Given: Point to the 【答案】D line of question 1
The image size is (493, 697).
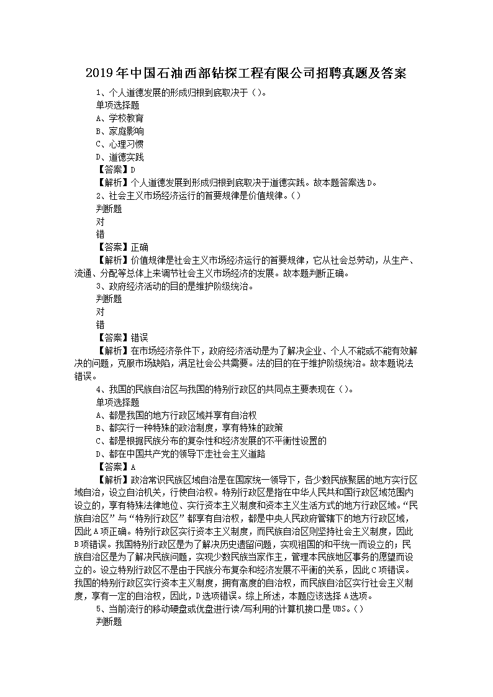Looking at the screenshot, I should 115,170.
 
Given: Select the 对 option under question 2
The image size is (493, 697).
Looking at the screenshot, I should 100,222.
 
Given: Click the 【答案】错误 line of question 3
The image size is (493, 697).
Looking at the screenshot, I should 122,338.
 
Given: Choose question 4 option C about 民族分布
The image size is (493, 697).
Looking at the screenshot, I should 211,441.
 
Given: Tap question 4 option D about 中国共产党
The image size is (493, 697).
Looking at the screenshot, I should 181,454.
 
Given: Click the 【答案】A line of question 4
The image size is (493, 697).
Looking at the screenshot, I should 115,467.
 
